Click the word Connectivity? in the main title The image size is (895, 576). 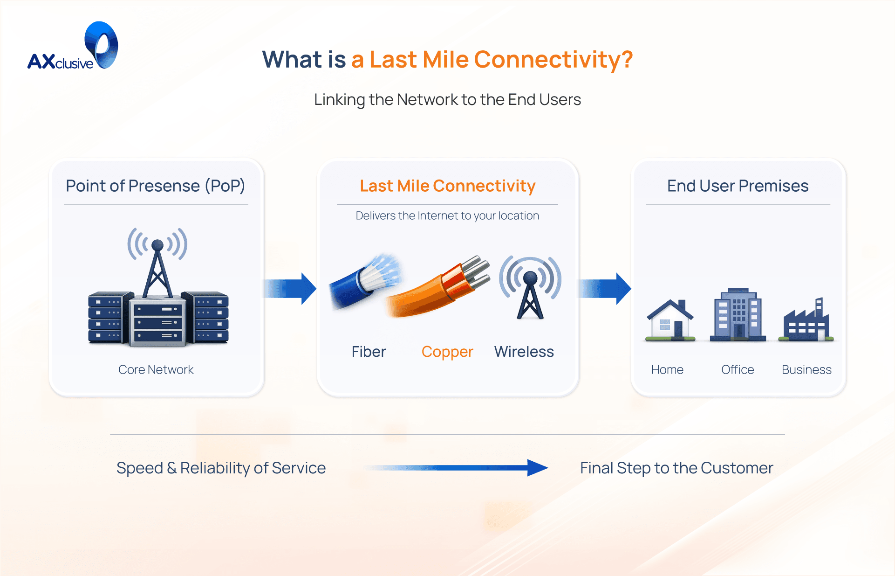tap(553, 60)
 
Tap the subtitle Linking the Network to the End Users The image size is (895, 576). tap(447, 99)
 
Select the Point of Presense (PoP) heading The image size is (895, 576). tap(155, 186)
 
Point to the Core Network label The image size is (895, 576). tap(156, 369)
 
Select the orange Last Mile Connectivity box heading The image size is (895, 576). tap(447, 186)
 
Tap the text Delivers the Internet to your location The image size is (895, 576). tap(447, 215)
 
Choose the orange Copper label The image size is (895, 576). tap(447, 352)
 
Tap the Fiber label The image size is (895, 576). tap(369, 352)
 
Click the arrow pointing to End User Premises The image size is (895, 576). tap(605, 289)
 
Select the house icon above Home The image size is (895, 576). tap(670, 320)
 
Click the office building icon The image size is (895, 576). tap(738, 315)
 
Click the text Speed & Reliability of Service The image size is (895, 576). tap(221, 468)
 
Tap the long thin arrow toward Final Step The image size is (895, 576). tap(457, 467)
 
